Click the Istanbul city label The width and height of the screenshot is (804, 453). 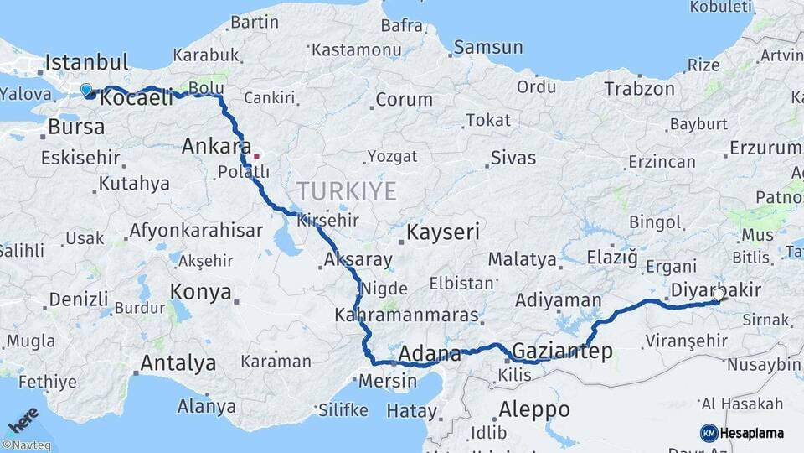(x=86, y=62)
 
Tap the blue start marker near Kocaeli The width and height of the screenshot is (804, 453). (x=86, y=90)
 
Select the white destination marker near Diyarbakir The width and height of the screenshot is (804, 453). (x=719, y=294)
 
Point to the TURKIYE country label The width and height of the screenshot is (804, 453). (x=345, y=191)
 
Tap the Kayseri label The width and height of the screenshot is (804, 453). (x=443, y=232)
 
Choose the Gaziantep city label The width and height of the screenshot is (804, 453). (x=561, y=351)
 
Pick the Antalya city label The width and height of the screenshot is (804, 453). (x=178, y=363)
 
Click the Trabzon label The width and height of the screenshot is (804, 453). (x=639, y=88)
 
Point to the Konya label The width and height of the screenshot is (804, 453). (x=200, y=292)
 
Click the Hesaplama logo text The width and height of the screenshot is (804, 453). (x=751, y=433)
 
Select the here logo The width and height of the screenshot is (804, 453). (x=23, y=420)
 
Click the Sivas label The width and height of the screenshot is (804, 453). (x=513, y=157)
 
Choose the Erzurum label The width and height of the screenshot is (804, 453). (x=765, y=148)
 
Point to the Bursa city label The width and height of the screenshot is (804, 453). (x=76, y=128)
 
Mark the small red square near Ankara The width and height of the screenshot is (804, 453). (x=257, y=155)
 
